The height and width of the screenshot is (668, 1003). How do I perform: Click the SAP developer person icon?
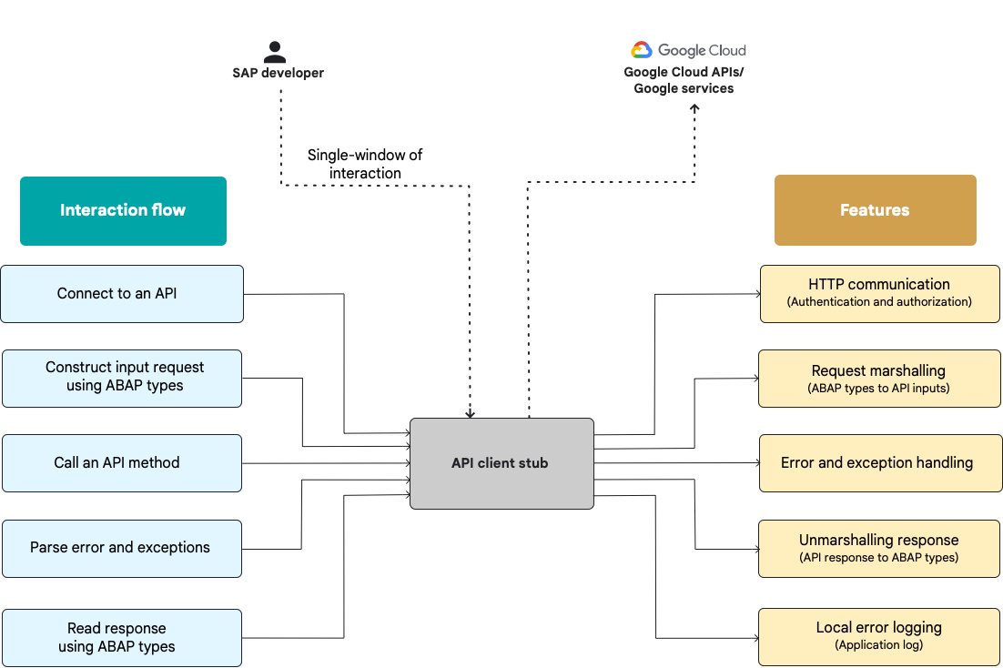[274, 52]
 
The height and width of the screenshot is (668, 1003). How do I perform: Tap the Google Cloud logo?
[688, 50]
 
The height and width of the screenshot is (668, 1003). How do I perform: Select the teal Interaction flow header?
[123, 210]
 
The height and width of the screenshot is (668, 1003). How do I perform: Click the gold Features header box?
[875, 210]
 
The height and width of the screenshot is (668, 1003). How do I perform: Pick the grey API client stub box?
[501, 463]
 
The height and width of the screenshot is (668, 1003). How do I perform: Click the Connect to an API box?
[122, 294]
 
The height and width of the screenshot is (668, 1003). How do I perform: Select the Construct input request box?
[122, 378]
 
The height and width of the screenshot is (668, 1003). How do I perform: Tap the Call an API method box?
[122, 463]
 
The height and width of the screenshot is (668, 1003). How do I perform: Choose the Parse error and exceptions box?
[122, 548]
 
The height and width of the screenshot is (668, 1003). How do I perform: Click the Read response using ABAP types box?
[122, 637]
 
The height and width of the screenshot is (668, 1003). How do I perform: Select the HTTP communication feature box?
[879, 293]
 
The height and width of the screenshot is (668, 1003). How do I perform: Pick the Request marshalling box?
[879, 379]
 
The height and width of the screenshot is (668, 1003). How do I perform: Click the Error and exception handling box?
[879, 463]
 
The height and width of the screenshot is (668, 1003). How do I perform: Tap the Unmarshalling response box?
[879, 548]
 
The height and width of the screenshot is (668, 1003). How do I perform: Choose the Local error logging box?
[879, 636]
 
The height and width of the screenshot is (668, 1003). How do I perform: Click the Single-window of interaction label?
[365, 164]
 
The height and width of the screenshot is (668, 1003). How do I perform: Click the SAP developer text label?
[278, 73]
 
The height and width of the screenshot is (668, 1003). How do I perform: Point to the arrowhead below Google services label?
[694, 108]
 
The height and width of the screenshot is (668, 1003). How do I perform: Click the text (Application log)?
[879, 645]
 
